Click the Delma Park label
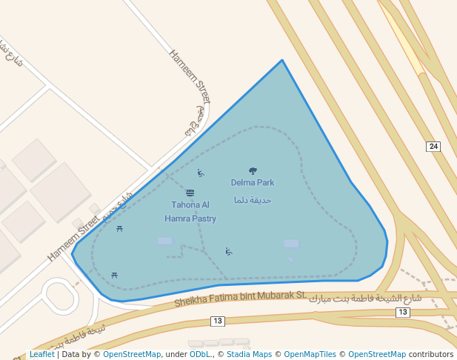[253, 182]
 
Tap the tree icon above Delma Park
[253, 171]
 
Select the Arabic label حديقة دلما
[253, 200]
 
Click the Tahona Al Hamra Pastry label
[190, 211]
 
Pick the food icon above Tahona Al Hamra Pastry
[190, 193]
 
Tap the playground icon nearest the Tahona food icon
[200, 173]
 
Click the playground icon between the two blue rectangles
[229, 251]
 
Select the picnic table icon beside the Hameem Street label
[119, 229]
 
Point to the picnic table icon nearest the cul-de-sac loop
[114, 275]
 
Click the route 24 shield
[434, 147]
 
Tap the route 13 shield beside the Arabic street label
[402, 313]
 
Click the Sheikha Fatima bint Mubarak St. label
[241, 299]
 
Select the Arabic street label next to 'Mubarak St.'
[365, 299]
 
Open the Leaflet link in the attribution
[41, 354]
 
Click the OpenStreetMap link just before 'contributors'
[377, 354]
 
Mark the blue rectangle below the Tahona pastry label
[164, 241]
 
